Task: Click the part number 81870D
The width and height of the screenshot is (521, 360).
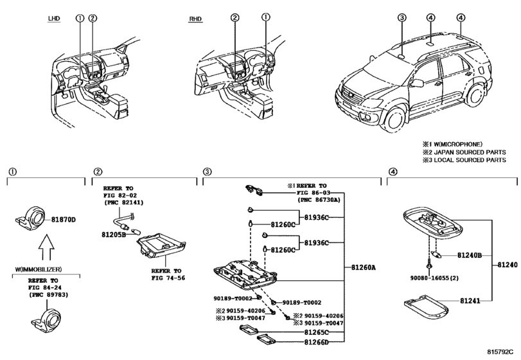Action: [64, 220]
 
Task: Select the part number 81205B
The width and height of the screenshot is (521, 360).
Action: [114, 235]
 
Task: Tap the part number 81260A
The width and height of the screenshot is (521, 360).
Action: [364, 267]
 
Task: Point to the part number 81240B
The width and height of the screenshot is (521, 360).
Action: [470, 255]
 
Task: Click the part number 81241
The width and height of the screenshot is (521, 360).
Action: [470, 301]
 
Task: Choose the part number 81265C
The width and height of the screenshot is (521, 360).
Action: [316, 332]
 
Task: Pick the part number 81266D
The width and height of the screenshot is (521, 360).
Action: [316, 342]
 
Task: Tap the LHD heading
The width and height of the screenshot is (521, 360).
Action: [54, 18]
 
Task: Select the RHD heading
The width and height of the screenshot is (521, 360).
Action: [195, 19]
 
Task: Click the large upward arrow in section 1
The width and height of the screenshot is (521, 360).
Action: [46, 247]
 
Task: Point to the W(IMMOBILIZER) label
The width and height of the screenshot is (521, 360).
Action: [38, 269]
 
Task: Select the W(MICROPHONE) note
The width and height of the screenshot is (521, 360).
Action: [458, 144]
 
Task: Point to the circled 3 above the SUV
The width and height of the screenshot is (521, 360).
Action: [402, 17]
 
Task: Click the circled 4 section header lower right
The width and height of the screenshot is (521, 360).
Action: [393, 172]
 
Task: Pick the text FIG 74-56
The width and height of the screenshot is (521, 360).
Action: [168, 278]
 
